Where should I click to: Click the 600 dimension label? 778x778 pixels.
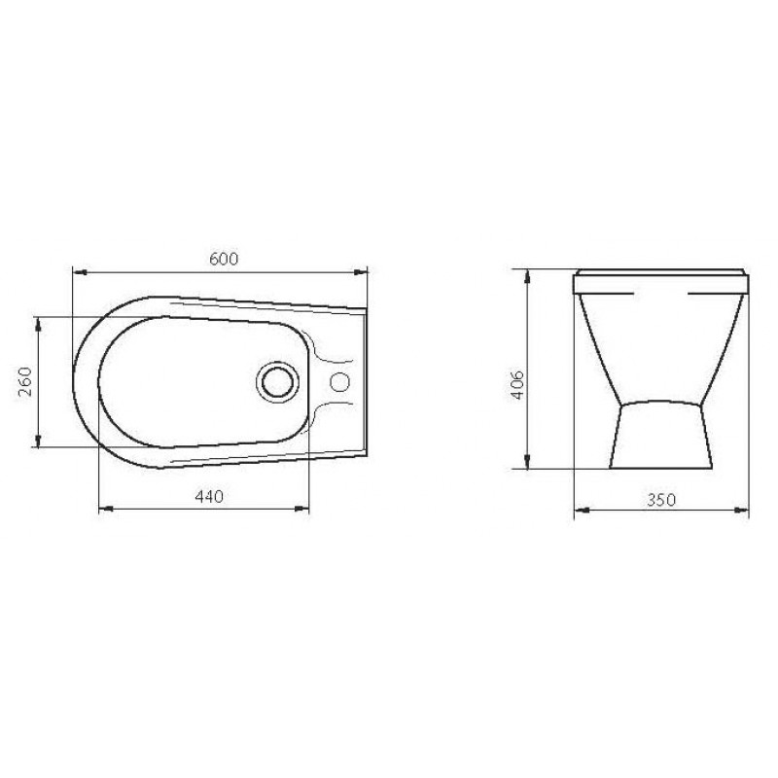click(224, 259)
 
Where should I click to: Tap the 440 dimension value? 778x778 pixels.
click(209, 496)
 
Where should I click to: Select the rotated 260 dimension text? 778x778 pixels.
click(25, 381)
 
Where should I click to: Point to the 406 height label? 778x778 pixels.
click(517, 384)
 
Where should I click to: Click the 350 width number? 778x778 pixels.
click(661, 500)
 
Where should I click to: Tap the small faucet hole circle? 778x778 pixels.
click(339, 382)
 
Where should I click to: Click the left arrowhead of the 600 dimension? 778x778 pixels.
click(81, 272)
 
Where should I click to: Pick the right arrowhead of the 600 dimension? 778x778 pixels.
click(360, 272)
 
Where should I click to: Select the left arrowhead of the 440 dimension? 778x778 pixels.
click(106, 509)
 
